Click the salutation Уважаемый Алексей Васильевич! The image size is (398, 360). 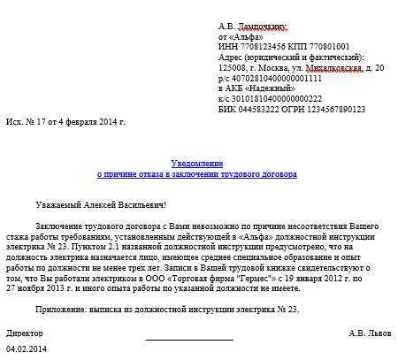[x=107, y=204]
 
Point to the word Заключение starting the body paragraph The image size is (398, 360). [x=59, y=228]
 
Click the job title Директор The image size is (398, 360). [x=25, y=333]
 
